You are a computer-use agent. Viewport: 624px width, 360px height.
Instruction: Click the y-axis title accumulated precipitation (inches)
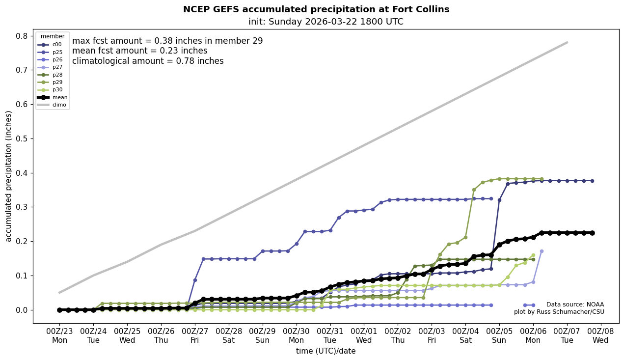8,176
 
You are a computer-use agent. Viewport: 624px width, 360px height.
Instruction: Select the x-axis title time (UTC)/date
326,351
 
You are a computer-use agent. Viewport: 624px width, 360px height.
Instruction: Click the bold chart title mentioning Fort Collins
316,9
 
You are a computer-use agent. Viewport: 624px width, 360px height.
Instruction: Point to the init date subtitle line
326,22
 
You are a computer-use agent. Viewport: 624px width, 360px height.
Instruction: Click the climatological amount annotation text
148,61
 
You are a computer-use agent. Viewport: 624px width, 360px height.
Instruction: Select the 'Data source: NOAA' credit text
575,305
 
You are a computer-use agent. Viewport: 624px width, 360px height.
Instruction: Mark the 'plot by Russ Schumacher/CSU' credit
559,312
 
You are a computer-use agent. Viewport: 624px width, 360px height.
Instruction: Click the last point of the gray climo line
567,42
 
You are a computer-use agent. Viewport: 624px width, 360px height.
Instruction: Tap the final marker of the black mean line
592,233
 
